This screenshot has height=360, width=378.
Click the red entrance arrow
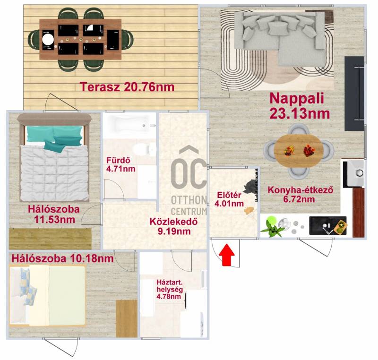(x=228, y=255)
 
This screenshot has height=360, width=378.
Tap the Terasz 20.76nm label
(x=127, y=87)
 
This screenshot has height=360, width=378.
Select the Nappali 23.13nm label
(x=299, y=106)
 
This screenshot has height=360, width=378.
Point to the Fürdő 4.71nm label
(x=120, y=164)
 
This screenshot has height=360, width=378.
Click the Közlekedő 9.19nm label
(x=174, y=226)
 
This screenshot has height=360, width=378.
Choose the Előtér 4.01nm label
(x=229, y=199)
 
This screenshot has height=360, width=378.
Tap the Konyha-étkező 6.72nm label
(x=301, y=195)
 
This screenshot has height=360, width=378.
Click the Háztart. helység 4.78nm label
(x=170, y=289)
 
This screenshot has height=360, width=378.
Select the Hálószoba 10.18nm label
(x=62, y=259)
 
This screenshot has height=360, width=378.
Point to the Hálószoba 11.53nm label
(x=54, y=214)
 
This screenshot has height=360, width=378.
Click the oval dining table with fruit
(x=299, y=151)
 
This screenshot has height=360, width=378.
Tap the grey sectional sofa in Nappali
(x=280, y=38)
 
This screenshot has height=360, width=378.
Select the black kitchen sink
(x=328, y=226)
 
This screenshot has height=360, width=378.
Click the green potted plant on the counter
(x=273, y=227)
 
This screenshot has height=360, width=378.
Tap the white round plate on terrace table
(x=48, y=39)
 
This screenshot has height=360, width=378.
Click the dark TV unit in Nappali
(x=354, y=94)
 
